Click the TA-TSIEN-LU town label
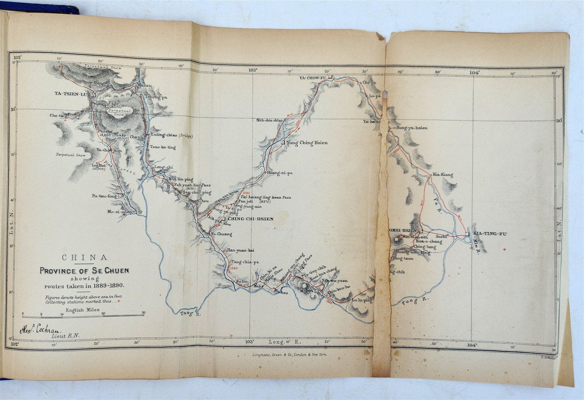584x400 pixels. click(73, 94)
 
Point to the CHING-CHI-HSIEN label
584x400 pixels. click(251, 219)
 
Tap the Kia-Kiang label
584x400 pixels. click(443, 175)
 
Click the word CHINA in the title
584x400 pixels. click(84, 257)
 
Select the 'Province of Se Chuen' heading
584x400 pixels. click(85, 271)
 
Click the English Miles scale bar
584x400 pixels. click(83, 314)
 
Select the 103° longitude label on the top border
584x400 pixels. click(253, 69)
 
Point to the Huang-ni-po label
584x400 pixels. click(279, 173)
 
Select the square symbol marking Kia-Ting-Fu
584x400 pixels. click(468, 234)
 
